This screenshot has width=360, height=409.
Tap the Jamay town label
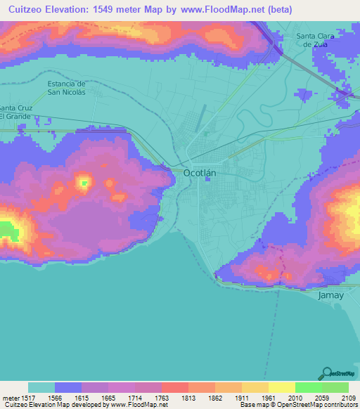[x=330, y=295]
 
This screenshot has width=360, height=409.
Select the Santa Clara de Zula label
[x=316, y=40]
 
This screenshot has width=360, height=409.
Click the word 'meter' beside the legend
[x=9, y=397]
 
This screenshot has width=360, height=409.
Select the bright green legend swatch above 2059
[x=308, y=387]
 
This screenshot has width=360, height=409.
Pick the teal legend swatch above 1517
[x=41, y=387]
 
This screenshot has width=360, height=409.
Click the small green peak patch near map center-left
[x=84, y=183]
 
